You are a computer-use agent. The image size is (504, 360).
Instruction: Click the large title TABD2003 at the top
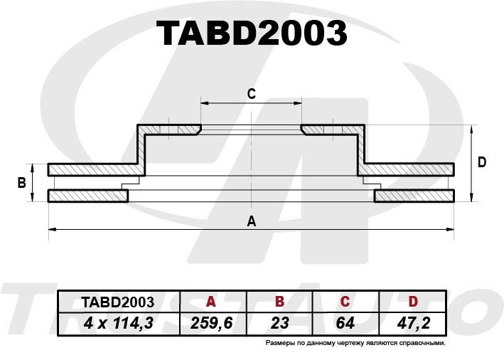(x=252, y=33)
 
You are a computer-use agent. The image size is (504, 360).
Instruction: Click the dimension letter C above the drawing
(x=252, y=94)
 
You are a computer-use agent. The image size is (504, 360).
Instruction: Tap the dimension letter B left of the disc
(x=21, y=183)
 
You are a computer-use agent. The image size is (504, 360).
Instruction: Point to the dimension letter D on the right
(x=482, y=162)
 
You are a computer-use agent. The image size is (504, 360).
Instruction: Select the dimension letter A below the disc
(x=252, y=221)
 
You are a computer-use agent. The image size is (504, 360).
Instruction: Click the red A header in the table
(x=210, y=302)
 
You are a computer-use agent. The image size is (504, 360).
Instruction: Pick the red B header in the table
(x=279, y=302)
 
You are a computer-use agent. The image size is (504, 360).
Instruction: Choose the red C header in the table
(x=345, y=302)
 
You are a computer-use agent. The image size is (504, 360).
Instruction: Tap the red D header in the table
(x=413, y=302)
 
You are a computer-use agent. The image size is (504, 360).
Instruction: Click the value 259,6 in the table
(x=212, y=323)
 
